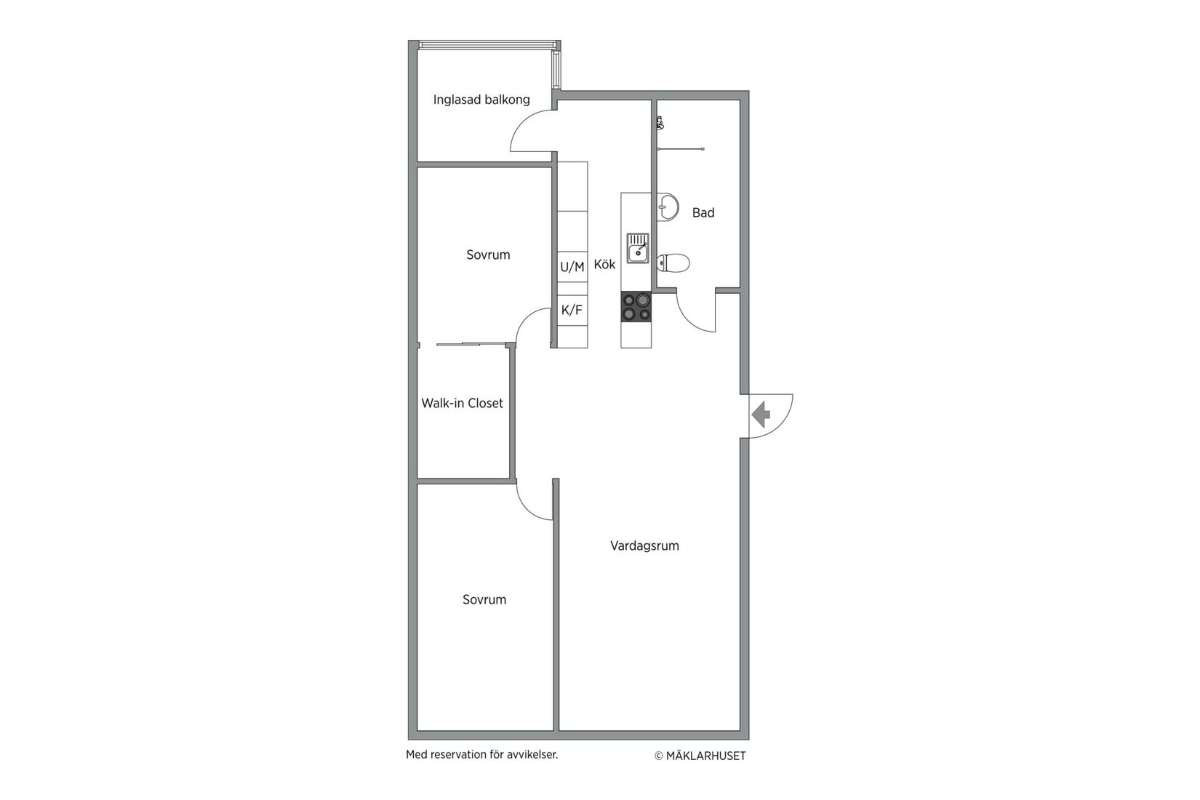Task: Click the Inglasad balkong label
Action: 481,100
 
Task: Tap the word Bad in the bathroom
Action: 703,212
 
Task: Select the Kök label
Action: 604,264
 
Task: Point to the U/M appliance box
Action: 572,267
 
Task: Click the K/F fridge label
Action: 572,310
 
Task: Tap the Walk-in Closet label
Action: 462,403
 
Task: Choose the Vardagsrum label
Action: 644,545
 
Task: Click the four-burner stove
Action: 636,306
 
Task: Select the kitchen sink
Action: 638,248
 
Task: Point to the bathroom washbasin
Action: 667,207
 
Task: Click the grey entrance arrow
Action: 761,415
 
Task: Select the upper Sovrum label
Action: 488,255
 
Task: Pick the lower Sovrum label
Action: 484,599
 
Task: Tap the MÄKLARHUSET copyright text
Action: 700,756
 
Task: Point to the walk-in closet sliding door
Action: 471,343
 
